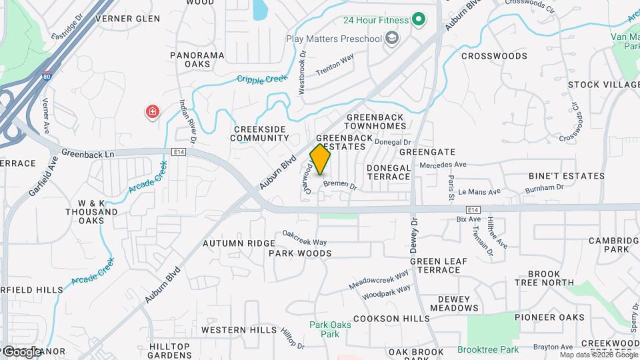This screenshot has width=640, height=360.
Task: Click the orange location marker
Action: pyautogui.click(x=321, y=159)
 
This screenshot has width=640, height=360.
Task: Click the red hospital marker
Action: pyautogui.click(x=153, y=111)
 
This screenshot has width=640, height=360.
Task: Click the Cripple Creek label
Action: pyautogui.click(x=263, y=79)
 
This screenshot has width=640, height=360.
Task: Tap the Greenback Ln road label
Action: pyautogui.click(x=88, y=153)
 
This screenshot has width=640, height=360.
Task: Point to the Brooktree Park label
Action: pyautogui.click(x=488, y=349)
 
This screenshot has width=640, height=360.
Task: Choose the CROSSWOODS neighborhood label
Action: pyautogui.click(x=494, y=57)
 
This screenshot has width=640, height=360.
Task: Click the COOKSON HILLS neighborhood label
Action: pyautogui.click(x=392, y=319)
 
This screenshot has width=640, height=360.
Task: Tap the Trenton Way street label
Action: pyautogui.click(x=335, y=64)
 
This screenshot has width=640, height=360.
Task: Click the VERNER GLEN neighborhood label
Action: pyautogui.click(x=128, y=19)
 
